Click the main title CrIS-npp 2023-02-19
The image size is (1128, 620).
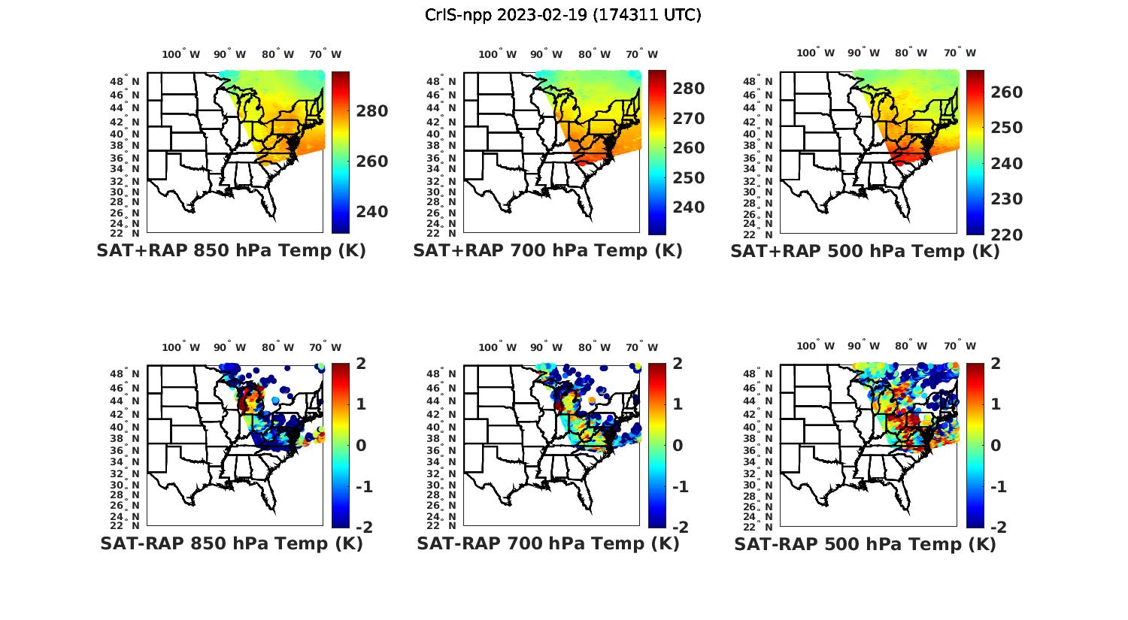[563, 14]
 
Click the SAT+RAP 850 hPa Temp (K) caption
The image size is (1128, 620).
[231, 250]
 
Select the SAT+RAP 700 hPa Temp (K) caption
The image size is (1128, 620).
[547, 250]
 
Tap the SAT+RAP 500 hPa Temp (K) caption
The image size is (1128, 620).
[865, 251]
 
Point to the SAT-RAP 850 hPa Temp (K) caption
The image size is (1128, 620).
[231, 543]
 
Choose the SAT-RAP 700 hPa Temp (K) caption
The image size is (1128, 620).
[547, 543]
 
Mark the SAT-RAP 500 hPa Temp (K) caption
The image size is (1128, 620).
[865, 544]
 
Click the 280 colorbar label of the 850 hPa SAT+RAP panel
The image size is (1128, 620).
[372, 111]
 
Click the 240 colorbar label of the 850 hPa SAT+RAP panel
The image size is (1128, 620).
[372, 211]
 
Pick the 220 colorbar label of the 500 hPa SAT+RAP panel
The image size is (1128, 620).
[1006, 234]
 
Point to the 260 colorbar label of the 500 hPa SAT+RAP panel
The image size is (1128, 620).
[1006, 92]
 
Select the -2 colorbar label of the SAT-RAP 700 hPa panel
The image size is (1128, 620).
[674, 527]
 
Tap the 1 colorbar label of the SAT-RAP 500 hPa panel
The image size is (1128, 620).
[996, 404]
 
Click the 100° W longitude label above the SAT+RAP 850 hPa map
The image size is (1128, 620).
[181, 54]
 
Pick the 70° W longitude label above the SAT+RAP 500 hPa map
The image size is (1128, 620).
[960, 53]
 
